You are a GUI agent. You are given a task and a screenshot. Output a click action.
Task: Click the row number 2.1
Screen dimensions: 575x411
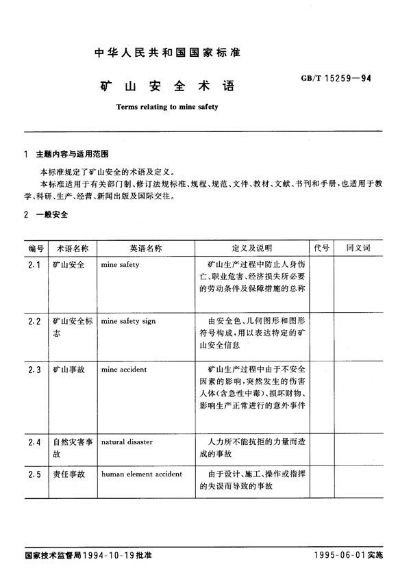tap(36, 264)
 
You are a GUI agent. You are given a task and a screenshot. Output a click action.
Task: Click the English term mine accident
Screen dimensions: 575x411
tap(123, 370)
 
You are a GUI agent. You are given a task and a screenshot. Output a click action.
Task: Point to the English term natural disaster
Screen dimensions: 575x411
tap(127, 442)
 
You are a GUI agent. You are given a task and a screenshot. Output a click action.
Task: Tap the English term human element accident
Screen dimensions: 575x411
tap(141, 474)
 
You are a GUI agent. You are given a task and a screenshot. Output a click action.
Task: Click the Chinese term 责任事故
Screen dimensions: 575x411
tap(68, 474)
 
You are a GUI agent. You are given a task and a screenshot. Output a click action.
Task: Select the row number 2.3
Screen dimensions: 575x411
tap(36, 370)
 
